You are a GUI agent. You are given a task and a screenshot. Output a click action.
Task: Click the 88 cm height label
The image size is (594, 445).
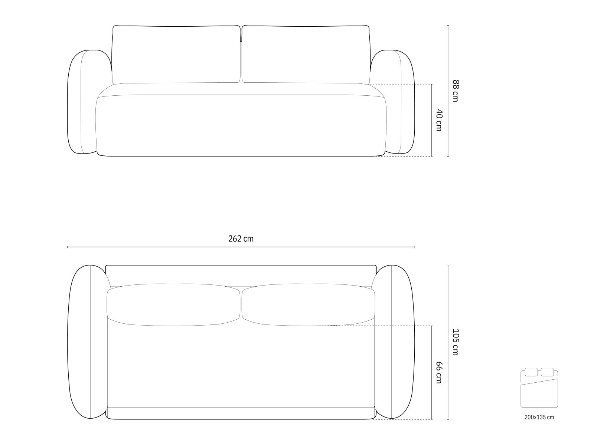click(x=456, y=91)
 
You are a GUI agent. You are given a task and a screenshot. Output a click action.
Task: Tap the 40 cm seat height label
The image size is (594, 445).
click(x=439, y=120)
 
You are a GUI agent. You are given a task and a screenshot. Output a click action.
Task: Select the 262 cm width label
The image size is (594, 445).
click(x=241, y=239)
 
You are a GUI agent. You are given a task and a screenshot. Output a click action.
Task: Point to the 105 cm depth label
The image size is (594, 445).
click(x=456, y=342)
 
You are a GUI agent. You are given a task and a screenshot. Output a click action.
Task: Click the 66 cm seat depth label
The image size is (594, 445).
click(x=439, y=373)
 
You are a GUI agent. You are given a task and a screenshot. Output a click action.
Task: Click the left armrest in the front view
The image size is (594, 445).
click(x=82, y=102)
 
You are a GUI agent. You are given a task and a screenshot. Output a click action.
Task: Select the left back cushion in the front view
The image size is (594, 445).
click(x=176, y=55)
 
